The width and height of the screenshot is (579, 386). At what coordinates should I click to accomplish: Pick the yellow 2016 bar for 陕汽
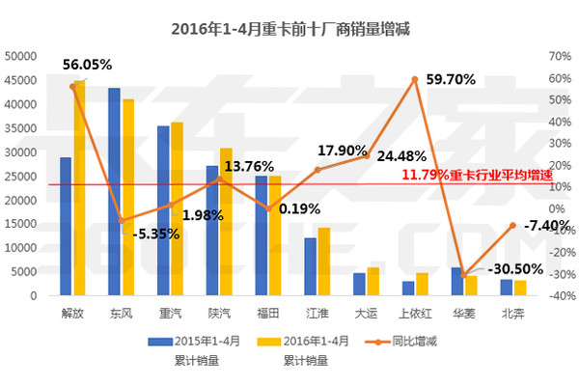(227, 222)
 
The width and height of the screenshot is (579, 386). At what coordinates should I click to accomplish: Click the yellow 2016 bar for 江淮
(324, 262)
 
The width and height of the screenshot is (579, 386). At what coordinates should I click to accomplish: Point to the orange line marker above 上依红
(415, 79)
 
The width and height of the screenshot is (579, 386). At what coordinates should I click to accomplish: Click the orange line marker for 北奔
(512, 225)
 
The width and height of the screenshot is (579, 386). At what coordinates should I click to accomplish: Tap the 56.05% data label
(87, 65)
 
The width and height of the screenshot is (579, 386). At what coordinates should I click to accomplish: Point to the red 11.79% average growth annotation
(469, 176)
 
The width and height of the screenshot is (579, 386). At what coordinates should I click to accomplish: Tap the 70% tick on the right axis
(559, 56)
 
